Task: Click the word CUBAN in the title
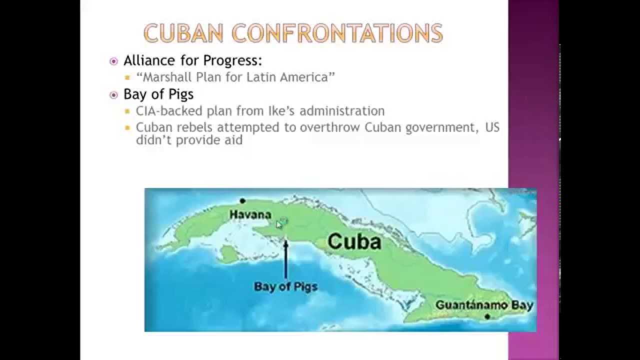click(x=183, y=33)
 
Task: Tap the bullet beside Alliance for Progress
click(x=113, y=61)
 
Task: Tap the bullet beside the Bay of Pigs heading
click(x=113, y=95)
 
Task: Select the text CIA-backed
click(x=169, y=111)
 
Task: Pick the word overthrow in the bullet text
click(x=329, y=127)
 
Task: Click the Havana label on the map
click(x=250, y=215)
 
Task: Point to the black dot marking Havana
click(x=242, y=201)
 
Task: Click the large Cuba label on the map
click(x=354, y=241)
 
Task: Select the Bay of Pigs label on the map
click(x=285, y=286)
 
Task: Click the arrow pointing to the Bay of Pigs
click(x=285, y=259)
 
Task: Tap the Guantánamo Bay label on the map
click(x=484, y=305)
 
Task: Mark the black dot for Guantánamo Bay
click(x=487, y=316)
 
